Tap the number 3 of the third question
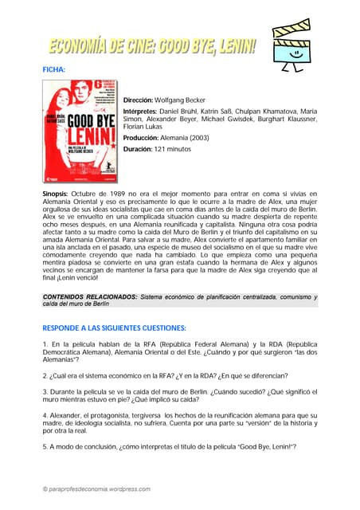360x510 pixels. point(45,391)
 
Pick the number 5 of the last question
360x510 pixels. point(45,447)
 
